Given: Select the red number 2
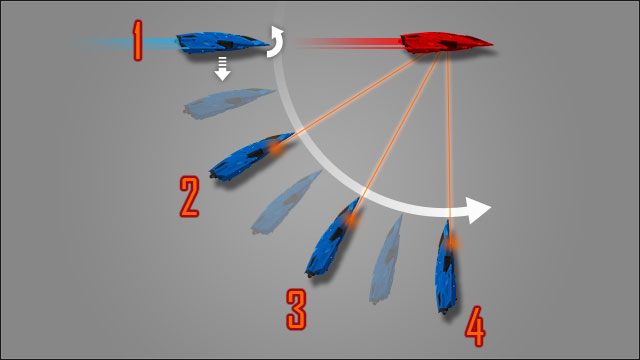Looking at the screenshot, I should click(189, 196).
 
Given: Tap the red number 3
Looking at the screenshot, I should click(296, 309).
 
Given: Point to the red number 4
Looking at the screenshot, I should click(474, 325).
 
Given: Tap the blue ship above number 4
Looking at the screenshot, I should click(447, 267).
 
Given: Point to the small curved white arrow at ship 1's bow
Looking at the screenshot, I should click(276, 42).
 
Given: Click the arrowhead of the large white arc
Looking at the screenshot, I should click(479, 211).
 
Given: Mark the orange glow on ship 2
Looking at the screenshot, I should click(272, 148).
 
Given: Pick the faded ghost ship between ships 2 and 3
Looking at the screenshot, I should click(285, 202).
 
